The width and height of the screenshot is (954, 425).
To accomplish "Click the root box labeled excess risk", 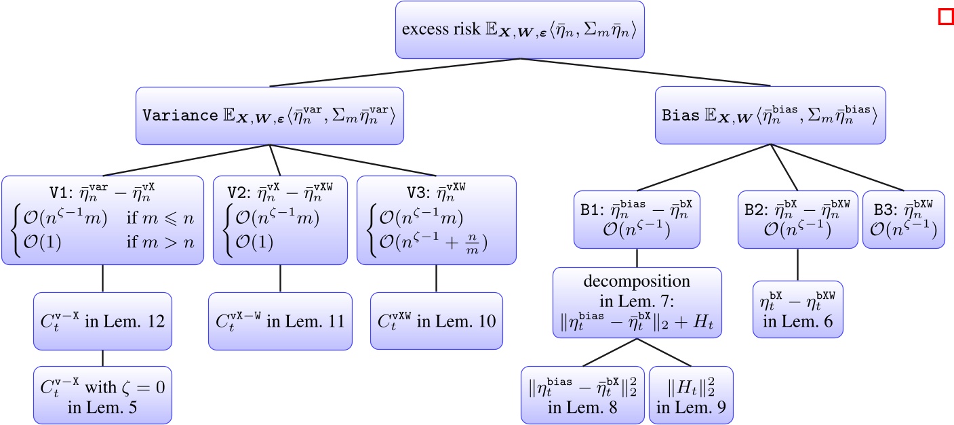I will point(520,31).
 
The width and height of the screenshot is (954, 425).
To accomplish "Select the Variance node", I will point(270,115).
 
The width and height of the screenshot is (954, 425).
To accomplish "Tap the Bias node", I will point(770,115).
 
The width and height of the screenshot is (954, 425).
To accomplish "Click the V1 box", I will point(102,220).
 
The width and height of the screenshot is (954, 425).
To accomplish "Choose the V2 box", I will point(280,220).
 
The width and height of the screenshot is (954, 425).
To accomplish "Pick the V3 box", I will point(436,220).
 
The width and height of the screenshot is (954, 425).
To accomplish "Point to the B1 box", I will point(636,220).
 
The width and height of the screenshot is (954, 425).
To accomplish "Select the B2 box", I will point(797,220).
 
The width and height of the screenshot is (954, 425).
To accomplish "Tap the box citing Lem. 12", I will point(102,321).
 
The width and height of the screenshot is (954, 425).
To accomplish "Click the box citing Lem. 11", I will point(280,321).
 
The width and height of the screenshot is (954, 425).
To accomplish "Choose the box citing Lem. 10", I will point(436,321).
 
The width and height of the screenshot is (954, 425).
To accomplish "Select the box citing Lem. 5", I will point(102,395).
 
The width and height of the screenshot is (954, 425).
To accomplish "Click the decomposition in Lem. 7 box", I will point(636,302).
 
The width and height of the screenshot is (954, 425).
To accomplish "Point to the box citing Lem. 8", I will point(582,395).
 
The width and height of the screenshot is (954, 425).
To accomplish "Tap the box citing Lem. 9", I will point(691,395).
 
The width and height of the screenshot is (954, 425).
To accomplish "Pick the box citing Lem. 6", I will point(797,309).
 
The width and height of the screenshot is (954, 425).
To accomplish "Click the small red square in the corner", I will point(945,16).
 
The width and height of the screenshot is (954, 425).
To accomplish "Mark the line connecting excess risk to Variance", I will point(395,73).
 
